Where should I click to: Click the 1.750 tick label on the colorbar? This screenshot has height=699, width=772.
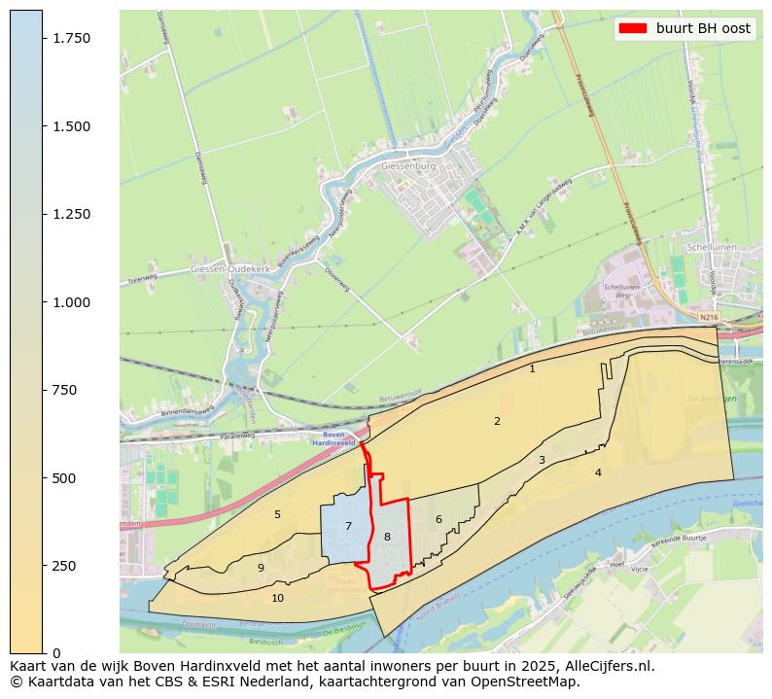click(x=72, y=38)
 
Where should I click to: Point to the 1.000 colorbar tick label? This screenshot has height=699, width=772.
click(x=72, y=302)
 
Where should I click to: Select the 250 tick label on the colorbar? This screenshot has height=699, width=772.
click(x=64, y=566)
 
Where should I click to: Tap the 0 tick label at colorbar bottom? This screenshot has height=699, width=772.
click(x=55, y=653)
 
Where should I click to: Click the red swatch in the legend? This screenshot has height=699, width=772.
click(x=632, y=29)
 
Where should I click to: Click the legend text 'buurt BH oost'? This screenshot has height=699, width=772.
click(x=703, y=29)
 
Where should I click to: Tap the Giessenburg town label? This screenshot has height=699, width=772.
click(x=409, y=166)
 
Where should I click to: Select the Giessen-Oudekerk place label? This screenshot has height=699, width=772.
click(x=223, y=268)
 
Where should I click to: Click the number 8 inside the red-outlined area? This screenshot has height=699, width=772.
click(x=387, y=537)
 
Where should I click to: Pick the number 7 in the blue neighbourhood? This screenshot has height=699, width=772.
click(x=348, y=526)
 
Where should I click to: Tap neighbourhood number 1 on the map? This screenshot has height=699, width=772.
click(x=532, y=368)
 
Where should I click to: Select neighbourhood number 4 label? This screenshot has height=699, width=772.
click(x=598, y=472)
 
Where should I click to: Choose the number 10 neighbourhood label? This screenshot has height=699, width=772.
click(x=278, y=598)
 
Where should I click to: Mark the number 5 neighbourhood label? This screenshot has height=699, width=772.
click(x=277, y=514)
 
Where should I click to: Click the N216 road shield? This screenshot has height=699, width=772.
click(x=709, y=317)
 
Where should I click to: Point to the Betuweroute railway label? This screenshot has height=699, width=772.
click(x=398, y=400)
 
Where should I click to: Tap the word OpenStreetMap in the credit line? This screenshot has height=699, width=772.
click(x=528, y=682)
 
